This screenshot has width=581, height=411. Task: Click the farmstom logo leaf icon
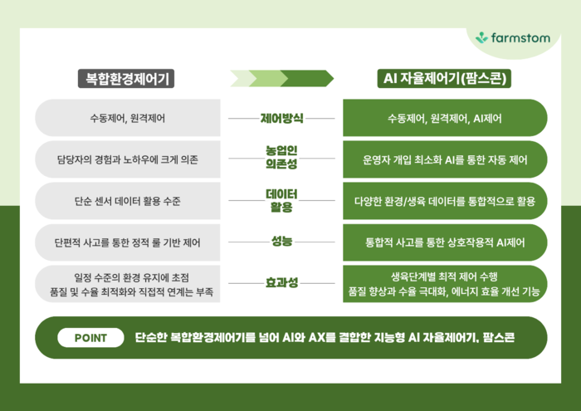click(482, 37)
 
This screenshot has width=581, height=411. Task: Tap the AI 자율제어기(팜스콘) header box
click(445, 79)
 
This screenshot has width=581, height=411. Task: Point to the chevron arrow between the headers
click(281, 78)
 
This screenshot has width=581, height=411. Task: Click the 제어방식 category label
click(281, 118)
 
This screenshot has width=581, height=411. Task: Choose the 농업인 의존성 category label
click(281, 158)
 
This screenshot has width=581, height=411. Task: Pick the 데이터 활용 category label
click(281, 200)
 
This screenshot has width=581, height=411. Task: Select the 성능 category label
click(281, 242)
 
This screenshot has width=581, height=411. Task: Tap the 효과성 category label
click(281, 283)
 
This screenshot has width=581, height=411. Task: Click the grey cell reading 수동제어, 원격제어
click(128, 118)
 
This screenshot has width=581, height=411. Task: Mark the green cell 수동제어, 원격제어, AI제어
click(445, 118)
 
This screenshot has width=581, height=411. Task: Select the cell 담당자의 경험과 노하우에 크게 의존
click(128, 159)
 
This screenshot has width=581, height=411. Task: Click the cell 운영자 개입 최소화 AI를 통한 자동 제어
click(445, 159)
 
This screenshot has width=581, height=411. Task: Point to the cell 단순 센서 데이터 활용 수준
click(128, 200)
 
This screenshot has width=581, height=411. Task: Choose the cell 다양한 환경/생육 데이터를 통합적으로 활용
click(445, 200)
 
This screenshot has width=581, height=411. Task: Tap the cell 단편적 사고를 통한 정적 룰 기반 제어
click(128, 242)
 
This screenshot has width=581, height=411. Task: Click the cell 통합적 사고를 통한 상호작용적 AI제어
click(445, 242)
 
